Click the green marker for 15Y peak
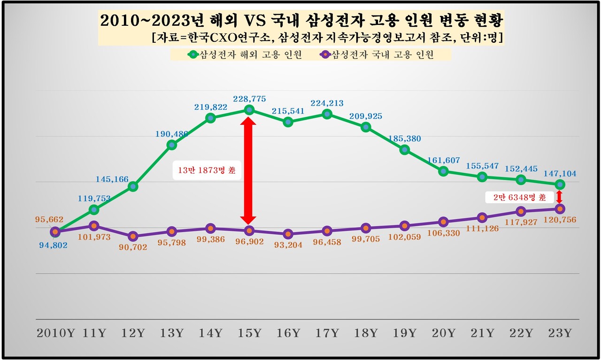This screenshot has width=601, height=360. point(249,110)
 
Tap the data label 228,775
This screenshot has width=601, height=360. point(249,99)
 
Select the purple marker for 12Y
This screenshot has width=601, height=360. point(133,236)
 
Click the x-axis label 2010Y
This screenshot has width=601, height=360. point(56,333)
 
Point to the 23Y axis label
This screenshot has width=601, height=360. point(560,333)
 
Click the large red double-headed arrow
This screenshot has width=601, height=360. point(248,170)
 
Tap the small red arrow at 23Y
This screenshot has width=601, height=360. point(559,197)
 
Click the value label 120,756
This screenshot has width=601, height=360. point(560,220)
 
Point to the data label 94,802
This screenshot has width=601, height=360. point(53,245)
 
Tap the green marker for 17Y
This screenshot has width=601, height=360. point(327,114)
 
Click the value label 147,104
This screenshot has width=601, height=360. point(560,174)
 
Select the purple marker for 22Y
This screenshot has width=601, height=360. point(521,211)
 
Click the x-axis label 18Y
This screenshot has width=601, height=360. point(366,333)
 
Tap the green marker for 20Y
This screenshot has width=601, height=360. point(443,171)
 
